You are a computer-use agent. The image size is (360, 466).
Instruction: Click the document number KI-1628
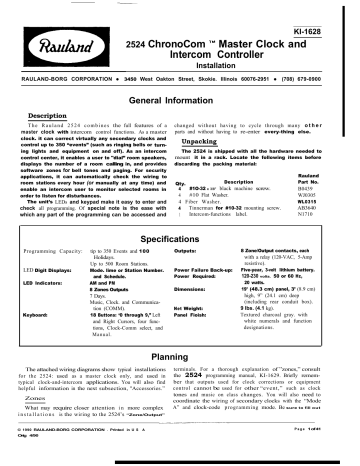point(325,11)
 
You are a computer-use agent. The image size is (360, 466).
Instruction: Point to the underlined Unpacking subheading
point(208,143)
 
